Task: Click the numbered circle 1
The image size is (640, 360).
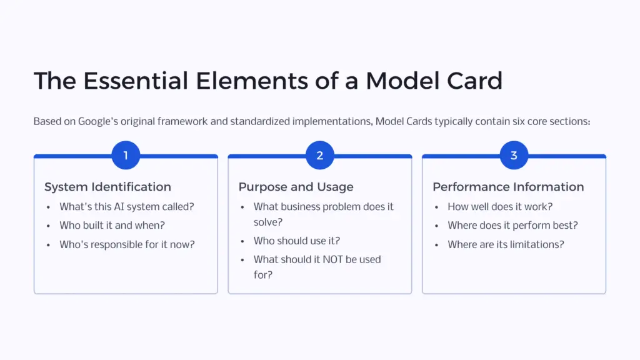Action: pyautogui.click(x=126, y=156)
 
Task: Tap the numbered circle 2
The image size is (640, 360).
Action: pyautogui.click(x=320, y=156)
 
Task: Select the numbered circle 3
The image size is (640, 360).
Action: pyautogui.click(x=514, y=156)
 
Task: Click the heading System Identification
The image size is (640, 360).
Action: pyautogui.click(x=107, y=187)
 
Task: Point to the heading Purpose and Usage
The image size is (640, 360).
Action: pyautogui.click(x=296, y=187)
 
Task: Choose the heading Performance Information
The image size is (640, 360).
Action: pyautogui.click(x=508, y=187)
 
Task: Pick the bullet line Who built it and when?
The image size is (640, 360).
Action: pyautogui.click(x=112, y=226)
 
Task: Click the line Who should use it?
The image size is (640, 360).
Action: pyautogui.click(x=297, y=241)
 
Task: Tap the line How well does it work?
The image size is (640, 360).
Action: pyautogui.click(x=500, y=207)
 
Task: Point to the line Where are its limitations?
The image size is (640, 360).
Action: pyautogui.click(x=506, y=244)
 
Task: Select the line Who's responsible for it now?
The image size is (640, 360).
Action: pyautogui.click(x=127, y=244)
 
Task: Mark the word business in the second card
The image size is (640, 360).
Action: pyautogui.click(x=304, y=207)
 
